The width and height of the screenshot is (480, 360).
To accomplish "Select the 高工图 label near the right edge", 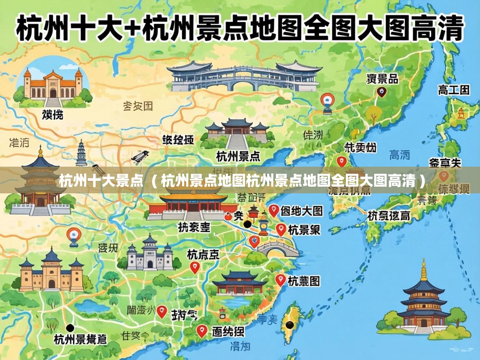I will [x=453, y=90].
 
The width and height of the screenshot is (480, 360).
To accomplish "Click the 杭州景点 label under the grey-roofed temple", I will [x=238, y=156].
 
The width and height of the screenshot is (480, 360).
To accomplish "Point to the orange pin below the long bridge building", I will [x=327, y=102].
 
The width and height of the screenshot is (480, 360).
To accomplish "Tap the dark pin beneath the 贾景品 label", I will [x=381, y=92].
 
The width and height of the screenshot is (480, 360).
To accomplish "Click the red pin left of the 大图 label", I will [x=273, y=210].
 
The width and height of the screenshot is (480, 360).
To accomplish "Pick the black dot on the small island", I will [x=289, y=325].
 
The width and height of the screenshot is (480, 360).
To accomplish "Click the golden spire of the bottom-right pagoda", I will [x=424, y=270].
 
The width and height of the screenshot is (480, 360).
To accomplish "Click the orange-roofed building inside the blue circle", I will [x=52, y=85].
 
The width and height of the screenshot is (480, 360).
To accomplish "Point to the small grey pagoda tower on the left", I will [x=81, y=153].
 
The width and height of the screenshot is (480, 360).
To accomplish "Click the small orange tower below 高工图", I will [x=461, y=112].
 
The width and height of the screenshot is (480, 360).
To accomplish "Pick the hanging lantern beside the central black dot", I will [x=263, y=225].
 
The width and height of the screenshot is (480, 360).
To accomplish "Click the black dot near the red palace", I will [x=247, y=224].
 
